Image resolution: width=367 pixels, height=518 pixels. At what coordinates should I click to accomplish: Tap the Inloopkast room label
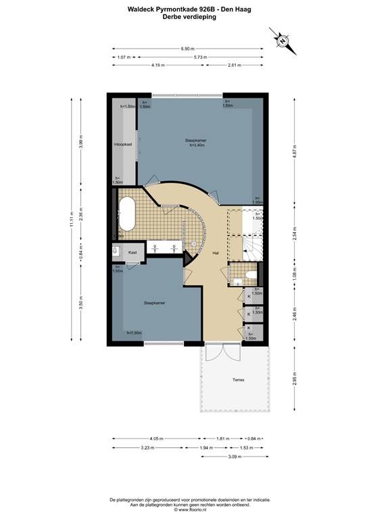point(122,144)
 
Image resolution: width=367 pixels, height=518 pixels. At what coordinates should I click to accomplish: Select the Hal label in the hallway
point(215,254)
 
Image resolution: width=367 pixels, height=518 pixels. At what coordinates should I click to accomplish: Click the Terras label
point(235,380)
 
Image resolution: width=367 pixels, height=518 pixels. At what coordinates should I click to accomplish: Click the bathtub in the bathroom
point(127,214)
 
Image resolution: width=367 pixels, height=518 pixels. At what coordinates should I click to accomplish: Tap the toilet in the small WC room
point(249,275)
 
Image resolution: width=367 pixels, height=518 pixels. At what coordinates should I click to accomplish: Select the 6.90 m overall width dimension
point(187,49)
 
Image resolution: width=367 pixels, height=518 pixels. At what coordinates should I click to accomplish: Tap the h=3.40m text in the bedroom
point(197,145)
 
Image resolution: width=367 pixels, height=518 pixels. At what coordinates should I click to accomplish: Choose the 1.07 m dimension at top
point(122,57)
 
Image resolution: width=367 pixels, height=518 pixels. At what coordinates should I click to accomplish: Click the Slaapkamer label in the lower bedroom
point(155,303)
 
